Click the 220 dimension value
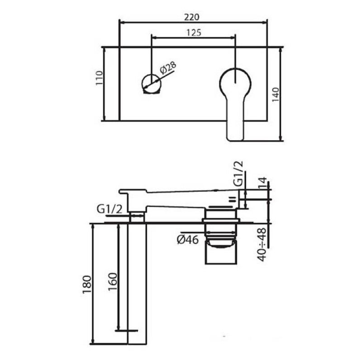[x=191, y=17]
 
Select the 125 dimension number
[x=194, y=33]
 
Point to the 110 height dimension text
[x=99, y=78]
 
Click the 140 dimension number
[x=276, y=95]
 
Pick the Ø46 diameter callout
[x=188, y=240]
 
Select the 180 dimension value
[x=87, y=285]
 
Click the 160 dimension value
[x=113, y=282]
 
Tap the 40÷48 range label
[x=262, y=244]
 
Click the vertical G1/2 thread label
[x=238, y=174]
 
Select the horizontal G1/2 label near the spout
[x=109, y=209]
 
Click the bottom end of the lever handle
[x=235, y=140]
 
